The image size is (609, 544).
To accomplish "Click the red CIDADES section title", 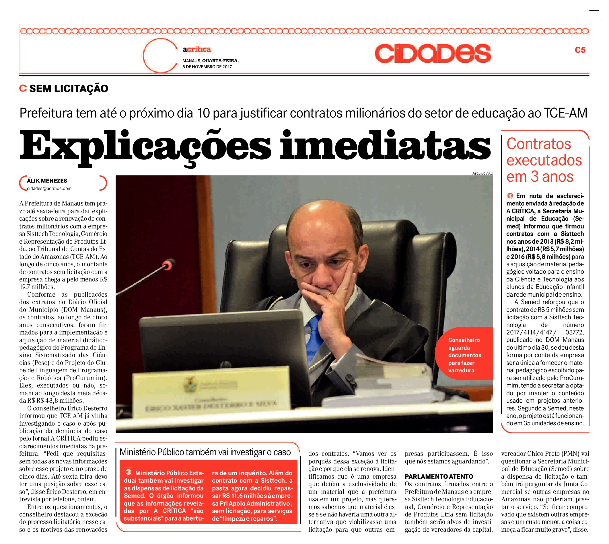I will pos(432,54).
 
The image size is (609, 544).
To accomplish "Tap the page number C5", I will pos(580,50).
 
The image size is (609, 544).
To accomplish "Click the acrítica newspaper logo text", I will pos(196,49).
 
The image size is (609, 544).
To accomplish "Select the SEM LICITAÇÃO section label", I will pos(69,89).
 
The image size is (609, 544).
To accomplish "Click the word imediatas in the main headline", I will pos(385,146).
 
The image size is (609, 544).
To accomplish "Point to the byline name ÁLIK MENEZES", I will pos(47,181).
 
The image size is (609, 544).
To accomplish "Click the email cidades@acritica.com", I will pos(49,188).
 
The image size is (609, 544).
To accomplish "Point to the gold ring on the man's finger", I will pos(329,295).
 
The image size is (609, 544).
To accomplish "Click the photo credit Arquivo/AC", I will pos(482,173).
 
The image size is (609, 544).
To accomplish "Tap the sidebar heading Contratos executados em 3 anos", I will pos(544,160).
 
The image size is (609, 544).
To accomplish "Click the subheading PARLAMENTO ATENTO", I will pos(439,476).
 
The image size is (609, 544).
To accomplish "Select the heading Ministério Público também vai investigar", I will pos(205,452).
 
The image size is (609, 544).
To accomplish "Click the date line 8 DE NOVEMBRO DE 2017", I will pos(207,67).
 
